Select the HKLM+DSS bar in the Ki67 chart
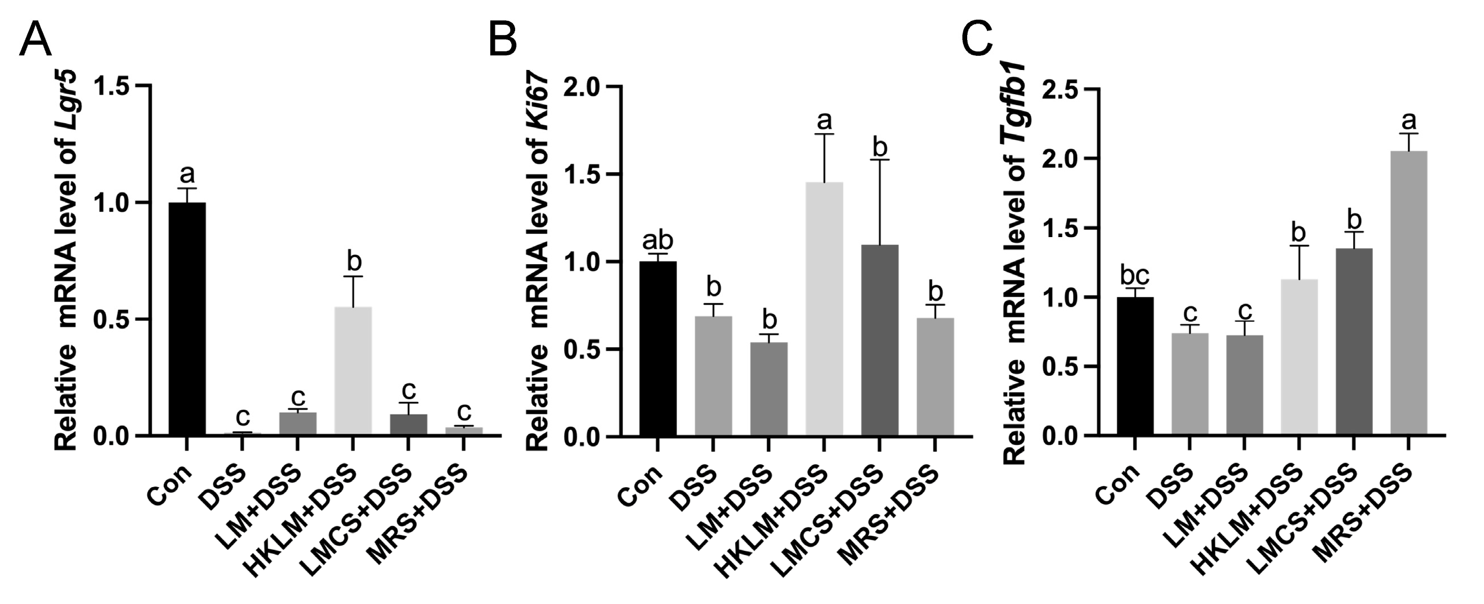click(824, 309)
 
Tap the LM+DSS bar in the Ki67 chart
click(769, 389)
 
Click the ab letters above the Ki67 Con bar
click(658, 240)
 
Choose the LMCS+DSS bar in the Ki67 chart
click(880, 340)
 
